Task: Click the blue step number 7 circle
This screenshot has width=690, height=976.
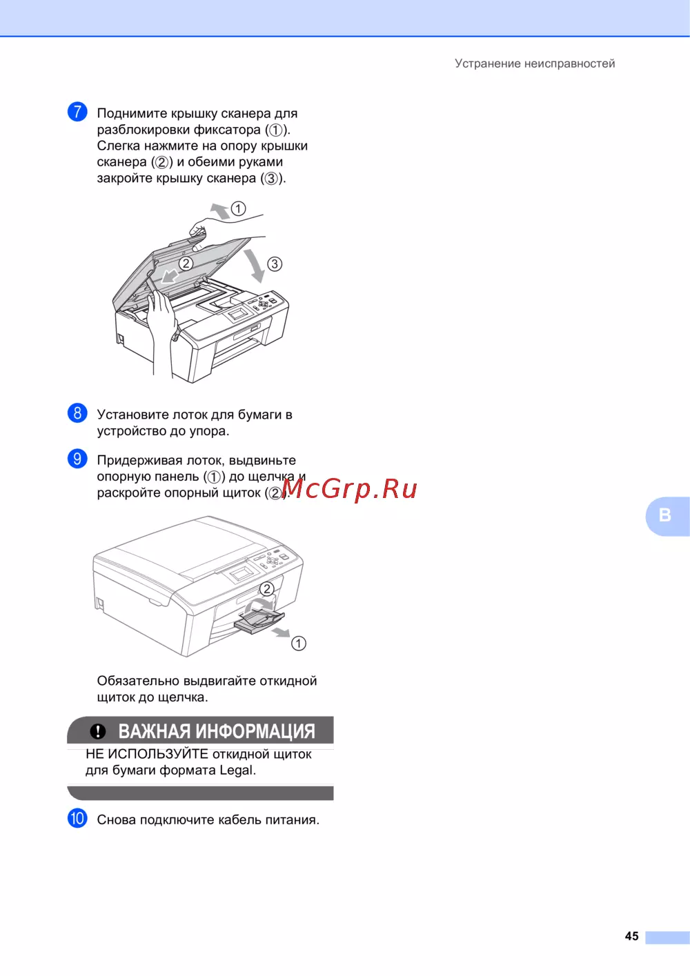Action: click(77, 112)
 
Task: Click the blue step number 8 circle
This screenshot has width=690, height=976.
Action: click(77, 412)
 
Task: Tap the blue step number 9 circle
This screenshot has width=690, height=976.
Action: click(77, 459)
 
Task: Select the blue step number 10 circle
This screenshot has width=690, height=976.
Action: click(77, 818)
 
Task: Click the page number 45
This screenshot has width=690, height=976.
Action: click(631, 936)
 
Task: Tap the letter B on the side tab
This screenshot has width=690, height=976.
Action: click(664, 515)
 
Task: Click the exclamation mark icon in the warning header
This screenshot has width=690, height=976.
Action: click(98, 731)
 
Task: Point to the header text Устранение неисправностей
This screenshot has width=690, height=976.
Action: click(535, 63)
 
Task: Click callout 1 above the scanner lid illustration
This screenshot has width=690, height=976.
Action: click(238, 208)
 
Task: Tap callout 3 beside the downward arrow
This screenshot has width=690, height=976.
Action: click(274, 263)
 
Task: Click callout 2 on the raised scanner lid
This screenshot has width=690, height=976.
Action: click(186, 263)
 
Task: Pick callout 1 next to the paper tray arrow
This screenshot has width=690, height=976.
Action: click(299, 643)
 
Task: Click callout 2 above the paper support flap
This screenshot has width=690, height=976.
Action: click(267, 589)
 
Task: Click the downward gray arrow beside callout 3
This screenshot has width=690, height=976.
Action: click(255, 266)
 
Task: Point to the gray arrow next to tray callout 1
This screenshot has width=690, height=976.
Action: click(281, 633)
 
